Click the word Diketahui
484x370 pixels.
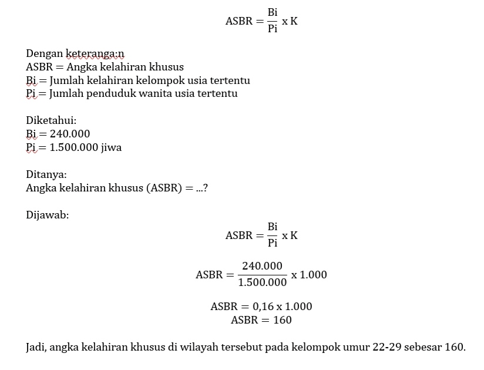(x=51, y=120)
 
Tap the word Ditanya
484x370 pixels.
(x=46, y=174)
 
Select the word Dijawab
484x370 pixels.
(x=47, y=215)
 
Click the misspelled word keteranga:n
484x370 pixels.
(x=95, y=54)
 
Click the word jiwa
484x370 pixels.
(x=112, y=147)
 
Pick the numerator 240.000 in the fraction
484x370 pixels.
(x=263, y=266)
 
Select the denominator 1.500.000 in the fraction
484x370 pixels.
(x=263, y=282)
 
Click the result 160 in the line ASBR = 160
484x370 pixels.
(x=283, y=320)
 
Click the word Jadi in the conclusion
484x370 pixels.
(x=36, y=347)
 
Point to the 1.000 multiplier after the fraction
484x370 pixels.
(x=313, y=274)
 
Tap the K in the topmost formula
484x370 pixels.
(x=294, y=21)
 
